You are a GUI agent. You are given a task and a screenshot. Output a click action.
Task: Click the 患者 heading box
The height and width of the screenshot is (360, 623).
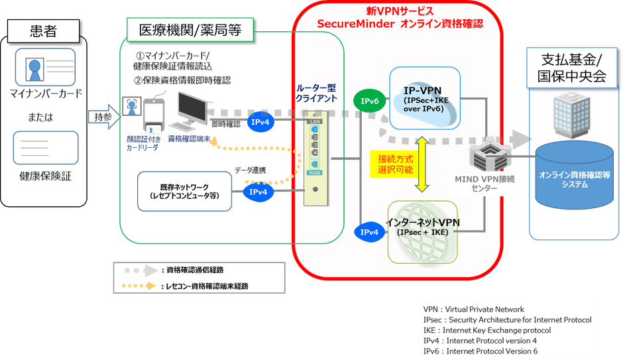point(44,31)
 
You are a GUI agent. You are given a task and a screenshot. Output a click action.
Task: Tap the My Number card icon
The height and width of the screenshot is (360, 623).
point(37,68)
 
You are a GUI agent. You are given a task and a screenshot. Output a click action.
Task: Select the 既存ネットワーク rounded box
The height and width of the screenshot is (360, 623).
point(185,192)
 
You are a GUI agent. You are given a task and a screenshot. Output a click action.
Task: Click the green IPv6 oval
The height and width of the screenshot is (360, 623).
point(370,101)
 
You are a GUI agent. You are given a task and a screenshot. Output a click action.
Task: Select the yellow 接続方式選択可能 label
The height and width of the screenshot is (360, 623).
point(395,164)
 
